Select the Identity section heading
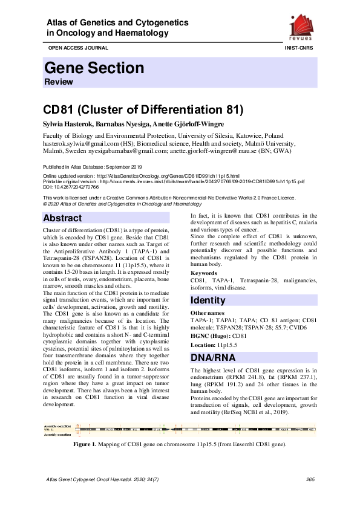[x=208, y=300]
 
